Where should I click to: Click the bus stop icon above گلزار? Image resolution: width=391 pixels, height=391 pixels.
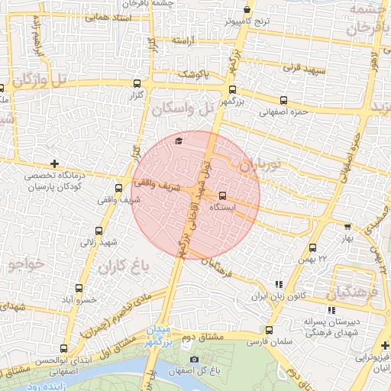coord(137,84)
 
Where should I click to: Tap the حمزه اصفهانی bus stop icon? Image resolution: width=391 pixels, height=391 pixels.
coord(284,100)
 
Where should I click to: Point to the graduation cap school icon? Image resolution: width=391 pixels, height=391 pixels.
coord(179,141)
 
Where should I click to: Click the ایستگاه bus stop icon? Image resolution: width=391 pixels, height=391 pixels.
coord(222,195)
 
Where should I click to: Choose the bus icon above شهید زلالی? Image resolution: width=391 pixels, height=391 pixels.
coord(99,231)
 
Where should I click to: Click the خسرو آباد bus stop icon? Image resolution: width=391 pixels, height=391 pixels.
coord(80,288)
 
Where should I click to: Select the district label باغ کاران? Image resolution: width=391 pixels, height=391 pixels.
coord(121,267)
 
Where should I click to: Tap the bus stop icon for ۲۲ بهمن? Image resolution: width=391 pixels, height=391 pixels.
coord(312,247)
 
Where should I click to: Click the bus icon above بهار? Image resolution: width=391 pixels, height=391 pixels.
coord(347,226)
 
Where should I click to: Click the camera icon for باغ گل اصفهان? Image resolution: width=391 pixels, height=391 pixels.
coord(194,359)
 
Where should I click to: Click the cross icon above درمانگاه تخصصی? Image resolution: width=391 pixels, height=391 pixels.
coord(54,164)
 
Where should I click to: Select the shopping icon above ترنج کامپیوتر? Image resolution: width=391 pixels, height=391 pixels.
coord(247,10)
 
